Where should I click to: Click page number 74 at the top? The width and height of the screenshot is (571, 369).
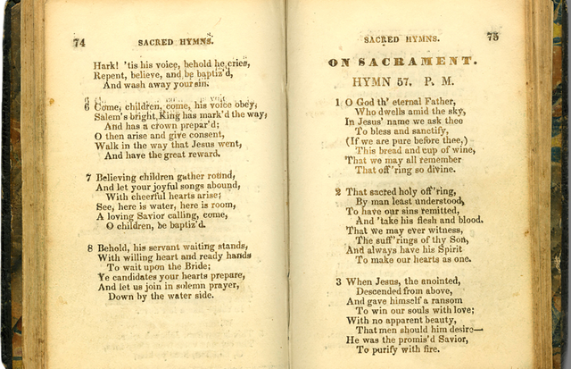[x=79, y=42]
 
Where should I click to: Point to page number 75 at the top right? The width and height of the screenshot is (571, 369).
[x=492, y=37]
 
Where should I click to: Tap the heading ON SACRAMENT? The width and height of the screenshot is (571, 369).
[x=401, y=61]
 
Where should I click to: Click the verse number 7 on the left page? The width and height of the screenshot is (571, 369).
[x=88, y=177]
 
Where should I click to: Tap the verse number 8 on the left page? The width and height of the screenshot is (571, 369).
[x=89, y=247]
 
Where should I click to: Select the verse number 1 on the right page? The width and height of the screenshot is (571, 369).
[x=338, y=103]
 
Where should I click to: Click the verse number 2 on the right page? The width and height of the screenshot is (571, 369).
[x=338, y=191]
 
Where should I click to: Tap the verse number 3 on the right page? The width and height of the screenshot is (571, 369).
[x=338, y=281]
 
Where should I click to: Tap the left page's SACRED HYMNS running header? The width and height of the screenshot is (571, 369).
[x=175, y=42]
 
